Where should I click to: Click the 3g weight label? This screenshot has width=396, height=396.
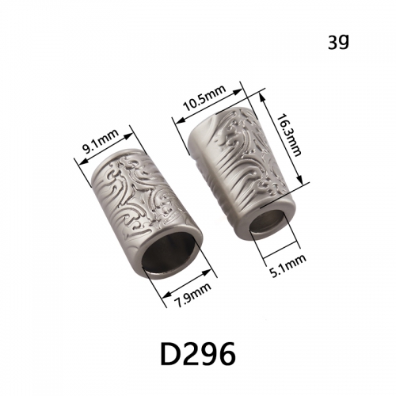(x=338, y=42)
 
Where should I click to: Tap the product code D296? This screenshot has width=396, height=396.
(x=198, y=353)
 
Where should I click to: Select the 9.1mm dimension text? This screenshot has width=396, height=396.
(x=101, y=143)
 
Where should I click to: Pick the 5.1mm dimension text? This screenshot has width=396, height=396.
(x=288, y=265)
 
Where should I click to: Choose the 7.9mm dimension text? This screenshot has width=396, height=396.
(x=193, y=295)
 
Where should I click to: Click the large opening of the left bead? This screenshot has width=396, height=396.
(x=170, y=259)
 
